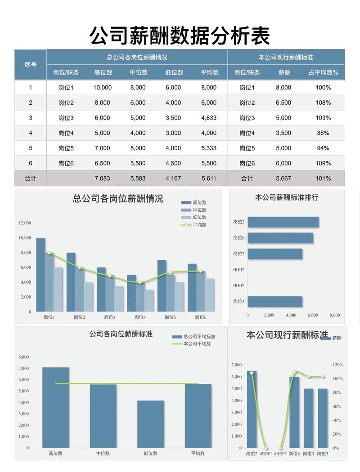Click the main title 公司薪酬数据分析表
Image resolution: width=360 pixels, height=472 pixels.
click(x=180, y=35)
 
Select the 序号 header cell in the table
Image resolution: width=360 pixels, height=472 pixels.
click(x=31, y=65)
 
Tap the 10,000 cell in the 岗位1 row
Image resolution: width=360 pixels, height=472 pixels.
click(x=103, y=88)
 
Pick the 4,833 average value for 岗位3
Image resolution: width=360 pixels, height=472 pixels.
click(x=209, y=118)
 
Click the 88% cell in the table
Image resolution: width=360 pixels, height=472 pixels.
click(x=323, y=133)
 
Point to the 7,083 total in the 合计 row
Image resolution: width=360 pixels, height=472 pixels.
click(x=103, y=178)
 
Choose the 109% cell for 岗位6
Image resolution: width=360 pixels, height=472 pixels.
click(x=323, y=163)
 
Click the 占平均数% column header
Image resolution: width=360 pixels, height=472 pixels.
click(x=323, y=72)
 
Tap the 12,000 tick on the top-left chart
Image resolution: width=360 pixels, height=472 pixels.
click(x=25, y=223)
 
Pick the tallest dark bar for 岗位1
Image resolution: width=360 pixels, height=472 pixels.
click(x=40, y=274)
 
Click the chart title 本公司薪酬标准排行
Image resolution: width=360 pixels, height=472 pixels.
click(x=287, y=197)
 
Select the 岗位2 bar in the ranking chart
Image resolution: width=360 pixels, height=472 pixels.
click(x=283, y=222)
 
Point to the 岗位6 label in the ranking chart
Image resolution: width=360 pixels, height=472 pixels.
click(x=239, y=238)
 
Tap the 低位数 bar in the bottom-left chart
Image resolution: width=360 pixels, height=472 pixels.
click(x=151, y=424)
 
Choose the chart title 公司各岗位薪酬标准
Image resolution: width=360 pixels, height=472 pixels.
click(x=121, y=334)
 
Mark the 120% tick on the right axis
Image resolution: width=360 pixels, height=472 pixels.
click(x=338, y=365)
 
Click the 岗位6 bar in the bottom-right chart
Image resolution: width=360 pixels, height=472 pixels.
click(x=294, y=412)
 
